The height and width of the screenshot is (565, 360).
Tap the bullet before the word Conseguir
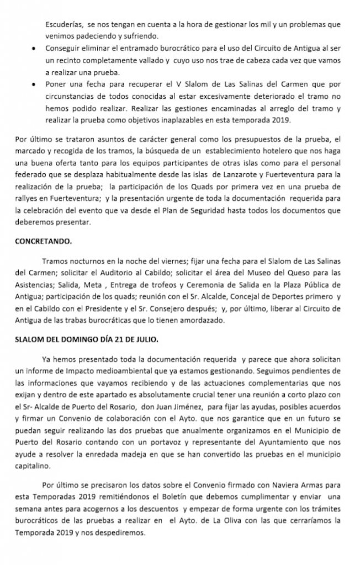tap(35, 49)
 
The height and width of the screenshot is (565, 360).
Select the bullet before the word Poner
tap(35, 84)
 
